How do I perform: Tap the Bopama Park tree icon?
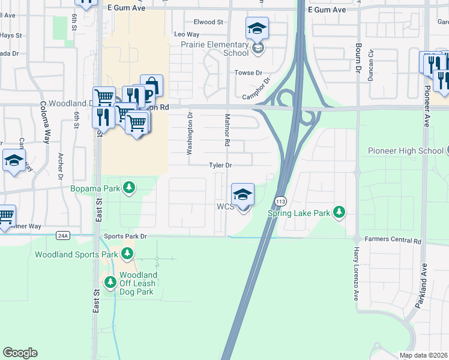tap(128, 188)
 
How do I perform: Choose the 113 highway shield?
tap(280, 199)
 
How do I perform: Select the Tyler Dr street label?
tap(220, 165)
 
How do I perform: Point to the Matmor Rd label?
tap(228, 130)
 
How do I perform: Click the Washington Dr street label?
tap(189, 134)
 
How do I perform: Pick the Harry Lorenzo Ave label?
tap(355, 274)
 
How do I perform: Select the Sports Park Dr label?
tap(125, 236)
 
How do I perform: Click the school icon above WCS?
tap(243, 194)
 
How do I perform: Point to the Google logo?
tap(20, 353)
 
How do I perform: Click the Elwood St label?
tap(208, 22)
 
